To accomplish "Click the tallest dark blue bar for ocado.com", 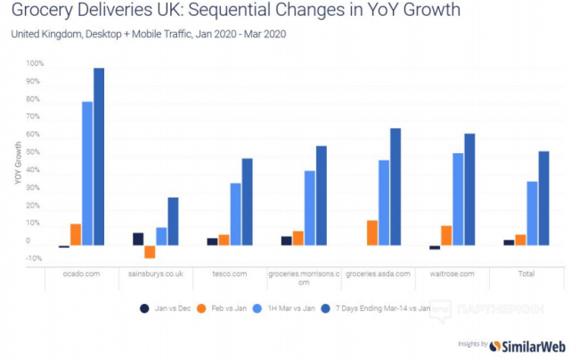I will pyautogui.click(x=99, y=157).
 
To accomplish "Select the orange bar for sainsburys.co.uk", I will pyautogui.click(x=150, y=252).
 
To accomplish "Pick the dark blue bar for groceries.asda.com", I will pyautogui.click(x=396, y=187).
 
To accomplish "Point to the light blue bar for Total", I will pyautogui.click(x=532, y=213).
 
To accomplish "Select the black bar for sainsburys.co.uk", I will pyautogui.click(x=138, y=239).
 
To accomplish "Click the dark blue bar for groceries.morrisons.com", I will pyautogui.click(x=322, y=196).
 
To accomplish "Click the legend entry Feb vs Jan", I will pyautogui.click(x=233, y=308).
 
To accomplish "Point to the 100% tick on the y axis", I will pyautogui.click(x=35, y=64).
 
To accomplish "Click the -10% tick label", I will pyautogui.click(x=35, y=258).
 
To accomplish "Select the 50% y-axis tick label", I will pyautogui.click(x=35, y=152).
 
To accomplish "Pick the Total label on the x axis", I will pyautogui.click(x=526, y=274).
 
